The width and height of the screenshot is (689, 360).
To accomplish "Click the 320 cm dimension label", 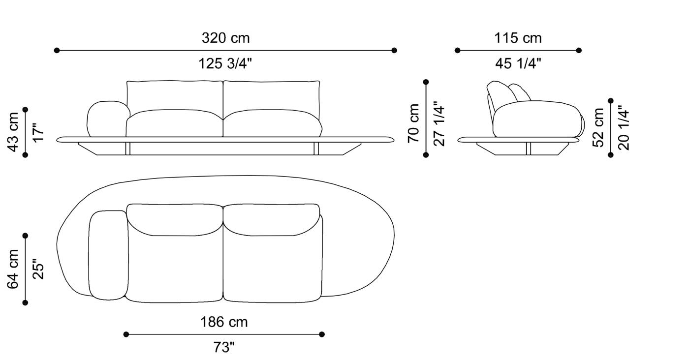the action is point(225,38).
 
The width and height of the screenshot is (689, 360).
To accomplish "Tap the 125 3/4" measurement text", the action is point(225,63).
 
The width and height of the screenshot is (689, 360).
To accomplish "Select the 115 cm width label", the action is point(518,38).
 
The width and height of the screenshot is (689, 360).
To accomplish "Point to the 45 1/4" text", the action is point(518,63).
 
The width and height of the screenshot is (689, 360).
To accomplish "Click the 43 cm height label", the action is point(13,132).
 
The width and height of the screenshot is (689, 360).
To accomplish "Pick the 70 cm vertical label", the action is point(414,123).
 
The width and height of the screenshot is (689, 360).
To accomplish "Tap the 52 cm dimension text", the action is point(598,127).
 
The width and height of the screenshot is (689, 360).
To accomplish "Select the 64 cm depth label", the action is point(13,269).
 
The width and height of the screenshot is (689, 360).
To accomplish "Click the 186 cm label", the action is point(224,322).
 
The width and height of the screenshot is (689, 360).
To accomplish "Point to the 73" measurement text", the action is point(224,347).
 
